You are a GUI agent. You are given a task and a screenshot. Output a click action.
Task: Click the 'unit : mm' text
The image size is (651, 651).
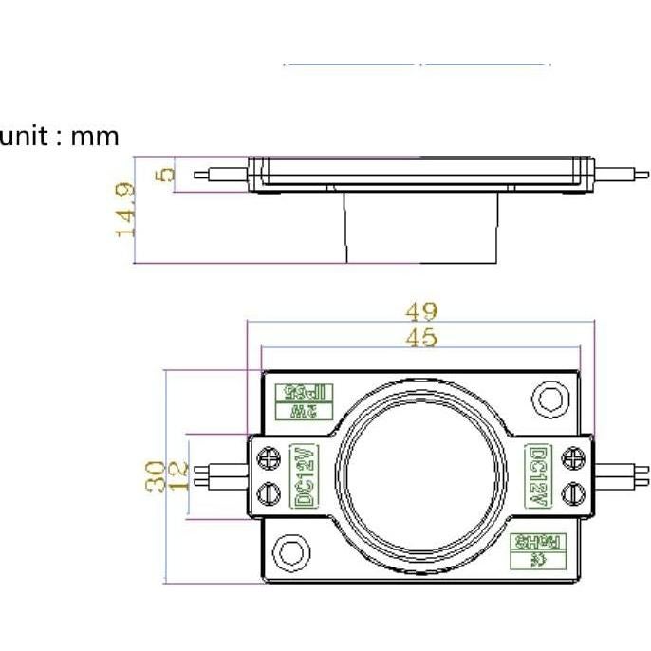[60, 137]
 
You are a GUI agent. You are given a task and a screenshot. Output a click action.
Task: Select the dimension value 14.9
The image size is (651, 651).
[126, 210]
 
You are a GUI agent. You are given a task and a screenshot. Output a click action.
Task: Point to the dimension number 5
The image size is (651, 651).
[165, 174]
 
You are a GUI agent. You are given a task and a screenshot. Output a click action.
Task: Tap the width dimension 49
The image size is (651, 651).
[421, 311]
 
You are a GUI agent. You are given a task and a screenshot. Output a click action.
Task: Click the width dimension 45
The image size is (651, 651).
[421, 338]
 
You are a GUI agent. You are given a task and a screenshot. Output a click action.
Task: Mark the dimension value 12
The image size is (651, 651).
[177, 476]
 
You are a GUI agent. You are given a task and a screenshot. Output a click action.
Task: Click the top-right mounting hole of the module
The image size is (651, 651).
[548, 398]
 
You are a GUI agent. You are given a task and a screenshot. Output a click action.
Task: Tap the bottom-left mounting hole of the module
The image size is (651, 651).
[290, 551]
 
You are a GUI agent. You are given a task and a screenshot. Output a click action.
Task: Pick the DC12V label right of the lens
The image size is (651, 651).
[537, 475]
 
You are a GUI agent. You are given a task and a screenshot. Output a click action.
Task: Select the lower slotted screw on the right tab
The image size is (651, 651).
[572, 493]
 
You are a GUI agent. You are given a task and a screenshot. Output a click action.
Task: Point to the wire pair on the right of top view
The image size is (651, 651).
[622, 474]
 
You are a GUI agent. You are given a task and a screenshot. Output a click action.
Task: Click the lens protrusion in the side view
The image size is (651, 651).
[420, 227]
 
